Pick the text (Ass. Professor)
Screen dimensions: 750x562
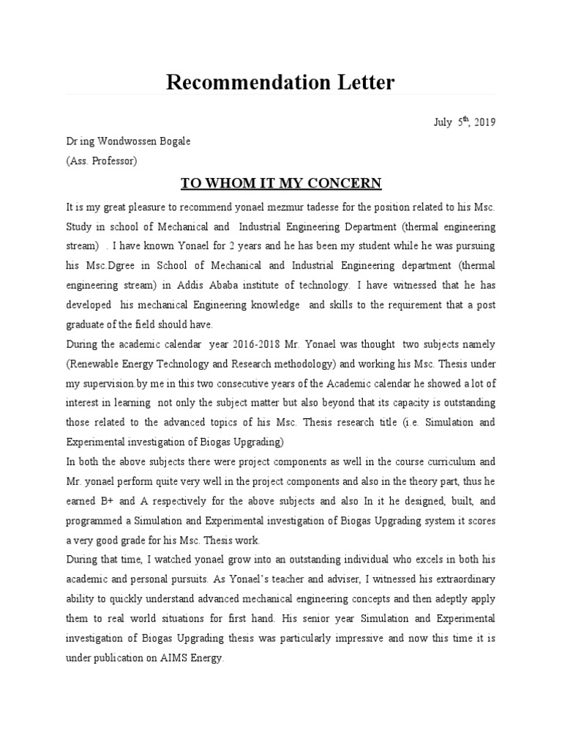(x=101, y=160)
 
